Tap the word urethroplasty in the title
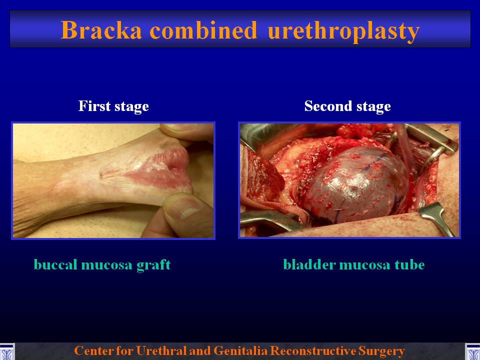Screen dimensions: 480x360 click(343, 31)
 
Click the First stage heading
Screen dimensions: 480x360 click(113, 106)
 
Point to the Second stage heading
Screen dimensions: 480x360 click(347, 106)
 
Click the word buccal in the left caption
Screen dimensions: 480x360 click(55, 264)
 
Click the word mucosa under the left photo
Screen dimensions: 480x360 click(107, 265)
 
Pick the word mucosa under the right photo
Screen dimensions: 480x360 click(365, 265)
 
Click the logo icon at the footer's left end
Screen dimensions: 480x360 click(6, 351)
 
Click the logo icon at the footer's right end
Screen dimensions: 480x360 click(472, 351)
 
